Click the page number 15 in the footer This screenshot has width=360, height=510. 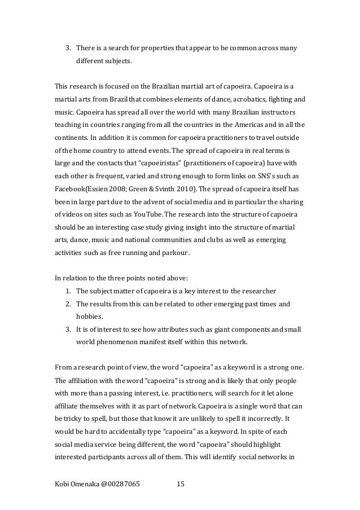[x=181, y=484]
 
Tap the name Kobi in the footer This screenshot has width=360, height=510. [x=62, y=484]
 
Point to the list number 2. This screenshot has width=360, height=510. [x=68, y=304]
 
